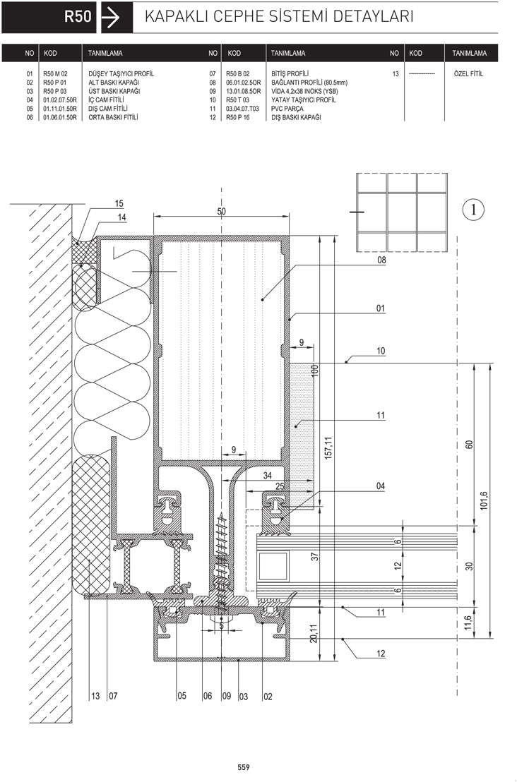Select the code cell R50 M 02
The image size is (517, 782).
[x=55, y=74]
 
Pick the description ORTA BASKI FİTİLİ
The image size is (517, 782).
[x=113, y=117]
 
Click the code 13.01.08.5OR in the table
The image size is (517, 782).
[x=244, y=91]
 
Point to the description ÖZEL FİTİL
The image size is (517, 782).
[x=468, y=74]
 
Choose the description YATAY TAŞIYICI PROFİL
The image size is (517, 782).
[x=304, y=100]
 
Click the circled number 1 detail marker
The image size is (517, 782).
[x=474, y=210]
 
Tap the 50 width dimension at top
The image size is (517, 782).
[x=221, y=212]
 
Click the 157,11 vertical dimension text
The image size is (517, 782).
[x=328, y=448]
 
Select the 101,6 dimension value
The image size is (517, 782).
[x=484, y=500]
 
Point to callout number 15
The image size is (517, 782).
[x=119, y=203]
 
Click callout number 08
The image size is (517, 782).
[x=382, y=260]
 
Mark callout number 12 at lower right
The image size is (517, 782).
[x=381, y=654]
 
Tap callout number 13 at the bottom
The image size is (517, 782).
[x=95, y=696]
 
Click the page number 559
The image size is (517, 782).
[x=244, y=767]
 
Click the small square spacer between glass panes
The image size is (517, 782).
[x=273, y=566]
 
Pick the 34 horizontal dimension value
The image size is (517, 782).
[x=268, y=476]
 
